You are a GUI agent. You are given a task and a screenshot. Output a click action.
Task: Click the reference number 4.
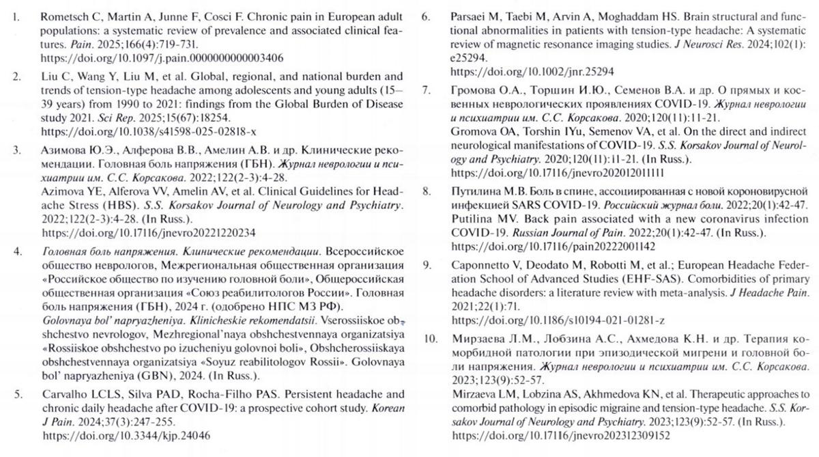[x=17, y=252]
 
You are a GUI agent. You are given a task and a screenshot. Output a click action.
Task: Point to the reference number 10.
[x=429, y=339]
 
